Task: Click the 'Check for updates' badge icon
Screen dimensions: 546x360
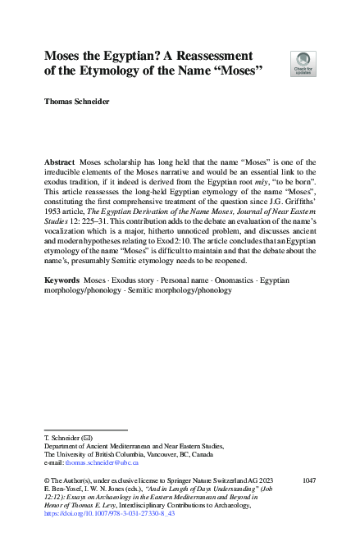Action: coord(303,62)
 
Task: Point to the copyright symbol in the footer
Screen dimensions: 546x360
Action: coord(47,478)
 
